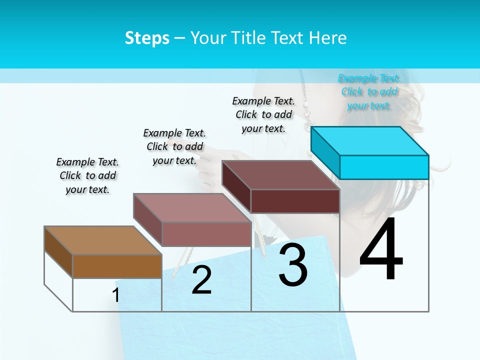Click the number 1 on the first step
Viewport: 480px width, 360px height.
coord(116,295)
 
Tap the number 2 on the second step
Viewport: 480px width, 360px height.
coord(201,280)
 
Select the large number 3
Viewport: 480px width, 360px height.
coord(293,265)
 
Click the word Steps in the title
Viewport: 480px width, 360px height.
coord(147,38)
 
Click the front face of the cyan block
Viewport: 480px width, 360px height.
coord(384,167)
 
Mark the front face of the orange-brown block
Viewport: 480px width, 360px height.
coord(117,266)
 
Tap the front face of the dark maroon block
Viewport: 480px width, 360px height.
coord(295,201)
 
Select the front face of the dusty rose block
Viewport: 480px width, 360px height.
coord(206,234)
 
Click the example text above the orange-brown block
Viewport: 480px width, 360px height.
coord(87,175)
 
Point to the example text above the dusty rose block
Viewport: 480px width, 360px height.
coord(174,146)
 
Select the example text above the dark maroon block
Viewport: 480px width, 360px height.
coord(263,114)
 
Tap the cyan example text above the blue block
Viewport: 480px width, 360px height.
coord(369,91)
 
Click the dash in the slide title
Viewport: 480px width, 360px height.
coord(180,38)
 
